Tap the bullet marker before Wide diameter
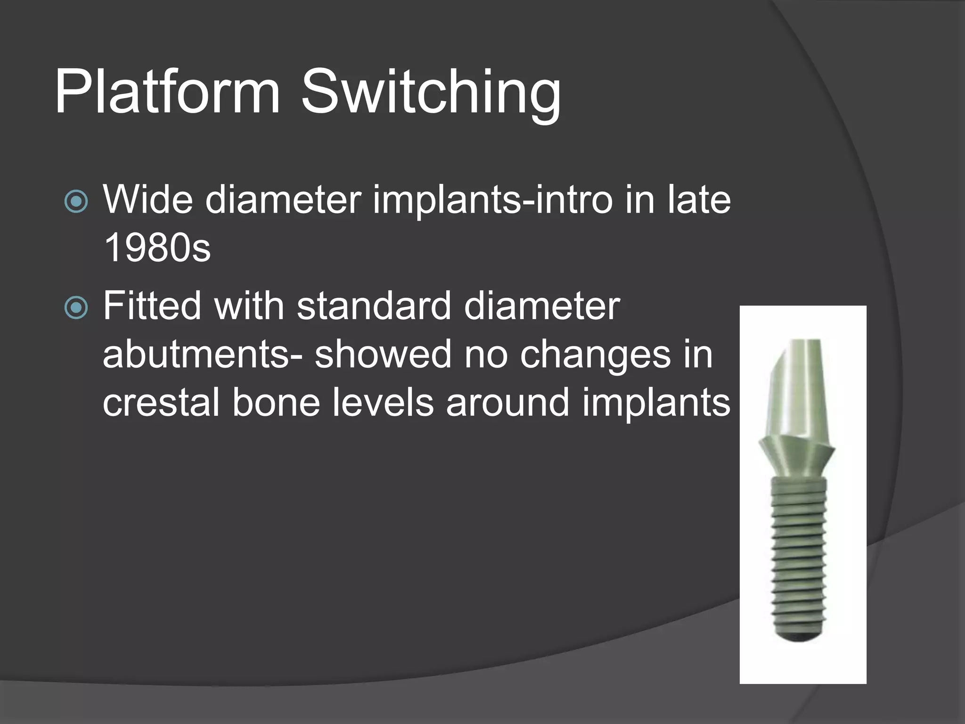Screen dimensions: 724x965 point(76,202)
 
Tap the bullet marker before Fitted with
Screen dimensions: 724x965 point(76,308)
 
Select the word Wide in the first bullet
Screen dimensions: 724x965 point(147,199)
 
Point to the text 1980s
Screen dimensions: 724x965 point(157,248)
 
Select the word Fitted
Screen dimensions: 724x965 point(152,306)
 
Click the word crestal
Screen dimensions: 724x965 point(161,403)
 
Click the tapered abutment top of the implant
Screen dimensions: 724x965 point(798,387)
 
